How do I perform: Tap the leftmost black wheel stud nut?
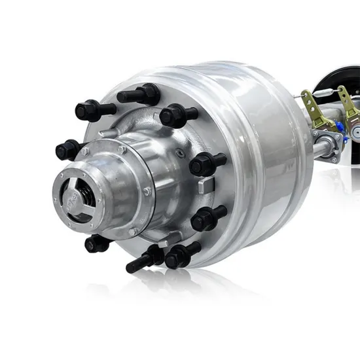pyautogui.click(x=67, y=151)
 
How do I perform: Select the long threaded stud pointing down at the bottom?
pyautogui.click(x=143, y=260)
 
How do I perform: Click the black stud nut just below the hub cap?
pyautogui.click(x=98, y=243)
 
